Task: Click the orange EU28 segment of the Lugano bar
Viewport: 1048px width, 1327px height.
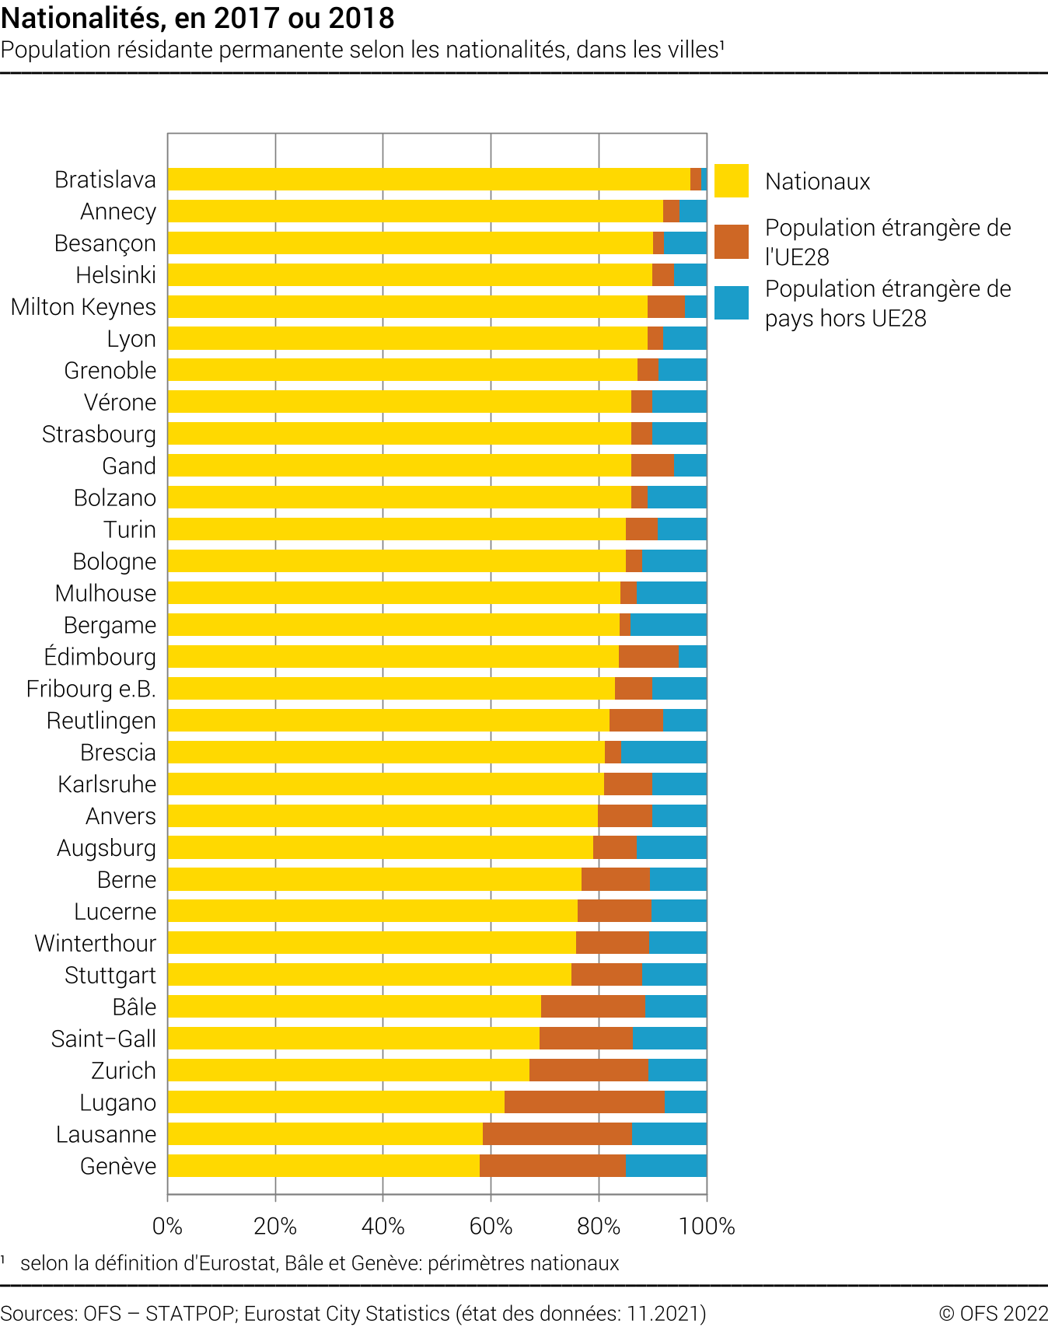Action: (x=585, y=1102)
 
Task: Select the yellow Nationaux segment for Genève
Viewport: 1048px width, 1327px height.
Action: (x=323, y=1166)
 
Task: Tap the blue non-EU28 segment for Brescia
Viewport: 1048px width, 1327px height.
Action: (x=664, y=753)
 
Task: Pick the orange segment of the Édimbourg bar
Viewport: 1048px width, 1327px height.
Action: (x=648, y=657)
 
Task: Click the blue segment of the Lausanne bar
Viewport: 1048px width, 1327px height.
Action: (x=669, y=1134)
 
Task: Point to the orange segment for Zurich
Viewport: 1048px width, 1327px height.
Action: (x=589, y=1070)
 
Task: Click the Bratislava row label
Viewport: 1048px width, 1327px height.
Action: (x=105, y=180)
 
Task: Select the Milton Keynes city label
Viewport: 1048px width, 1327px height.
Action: (x=83, y=307)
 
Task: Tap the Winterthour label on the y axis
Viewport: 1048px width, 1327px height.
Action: (x=95, y=944)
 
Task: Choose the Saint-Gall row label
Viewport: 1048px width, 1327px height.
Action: (x=103, y=1039)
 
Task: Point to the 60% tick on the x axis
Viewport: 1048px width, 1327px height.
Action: (x=491, y=1227)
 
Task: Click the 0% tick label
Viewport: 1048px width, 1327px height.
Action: (x=167, y=1227)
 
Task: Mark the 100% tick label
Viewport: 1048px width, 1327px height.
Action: (x=707, y=1227)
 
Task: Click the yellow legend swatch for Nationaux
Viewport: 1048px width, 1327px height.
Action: (x=731, y=181)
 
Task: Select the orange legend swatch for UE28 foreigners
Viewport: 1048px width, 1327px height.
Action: (x=731, y=242)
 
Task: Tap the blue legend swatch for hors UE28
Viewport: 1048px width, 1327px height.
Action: (x=731, y=303)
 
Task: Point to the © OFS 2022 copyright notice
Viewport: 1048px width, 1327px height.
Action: (x=993, y=1314)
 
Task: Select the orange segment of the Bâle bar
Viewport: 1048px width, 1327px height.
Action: (x=592, y=1007)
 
